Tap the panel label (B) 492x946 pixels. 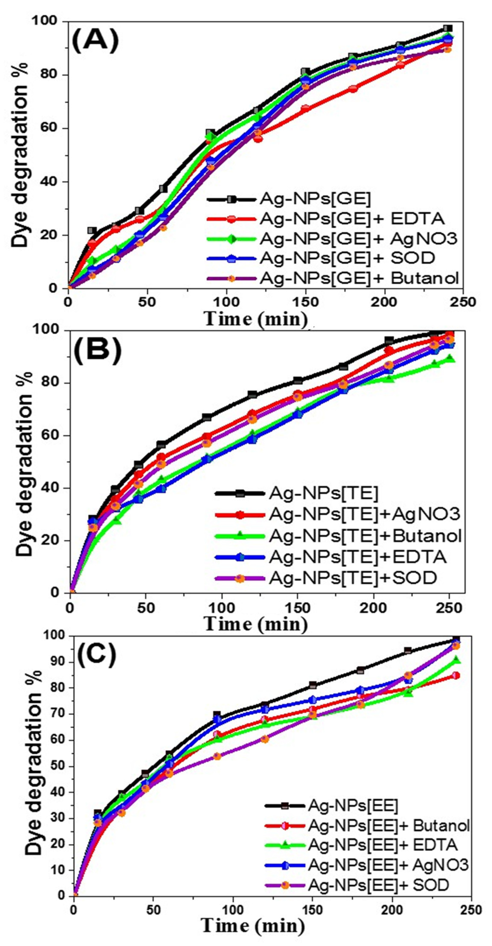coord(97,347)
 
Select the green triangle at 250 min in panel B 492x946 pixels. coord(449,359)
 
